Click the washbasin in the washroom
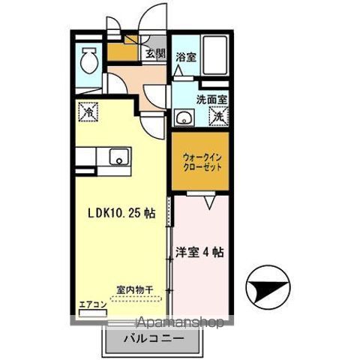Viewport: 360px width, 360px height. pyautogui.click(x=183, y=118)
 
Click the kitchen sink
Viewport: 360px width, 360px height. pyautogui.click(x=118, y=158)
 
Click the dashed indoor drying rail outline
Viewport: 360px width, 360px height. pyautogui.click(x=135, y=297)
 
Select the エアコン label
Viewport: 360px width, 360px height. pyautogui.click(x=90, y=305)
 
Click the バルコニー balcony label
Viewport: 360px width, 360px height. pyautogui.click(x=153, y=339)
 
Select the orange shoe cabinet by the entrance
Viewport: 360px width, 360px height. pyautogui.click(x=120, y=53)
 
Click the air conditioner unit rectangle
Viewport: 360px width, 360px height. pyautogui.click(x=91, y=313)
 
